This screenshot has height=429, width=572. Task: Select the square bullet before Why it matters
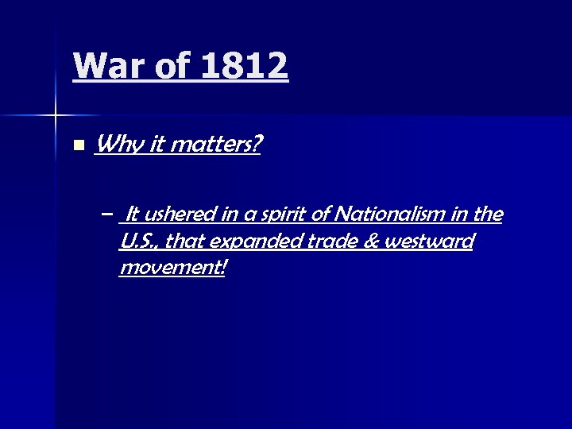pos(77,146)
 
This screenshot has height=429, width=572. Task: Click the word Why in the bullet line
pos(115,146)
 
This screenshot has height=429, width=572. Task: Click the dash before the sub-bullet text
pos(107,214)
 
